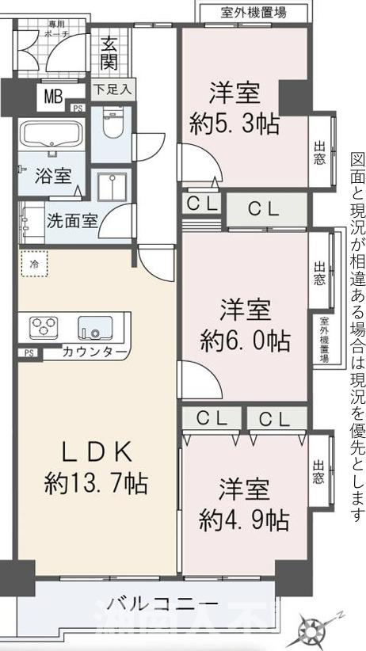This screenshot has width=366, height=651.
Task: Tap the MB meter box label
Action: (53, 97)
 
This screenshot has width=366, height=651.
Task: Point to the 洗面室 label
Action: (71, 219)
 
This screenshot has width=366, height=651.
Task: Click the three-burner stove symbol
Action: (44, 326)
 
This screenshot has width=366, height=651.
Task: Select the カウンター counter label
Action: (94, 352)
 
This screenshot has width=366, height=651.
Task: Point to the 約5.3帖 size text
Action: (234, 124)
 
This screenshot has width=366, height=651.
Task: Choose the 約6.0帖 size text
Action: (246, 341)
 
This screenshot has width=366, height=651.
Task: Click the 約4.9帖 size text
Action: (244, 520)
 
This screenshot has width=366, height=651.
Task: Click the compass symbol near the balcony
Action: (315, 630)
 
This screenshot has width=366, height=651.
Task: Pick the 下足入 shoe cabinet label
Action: (113, 89)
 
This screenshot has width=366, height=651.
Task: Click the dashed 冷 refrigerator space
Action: (35, 262)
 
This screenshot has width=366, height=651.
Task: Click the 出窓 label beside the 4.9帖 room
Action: (318, 471)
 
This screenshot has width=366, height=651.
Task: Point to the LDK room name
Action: (96, 450)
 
